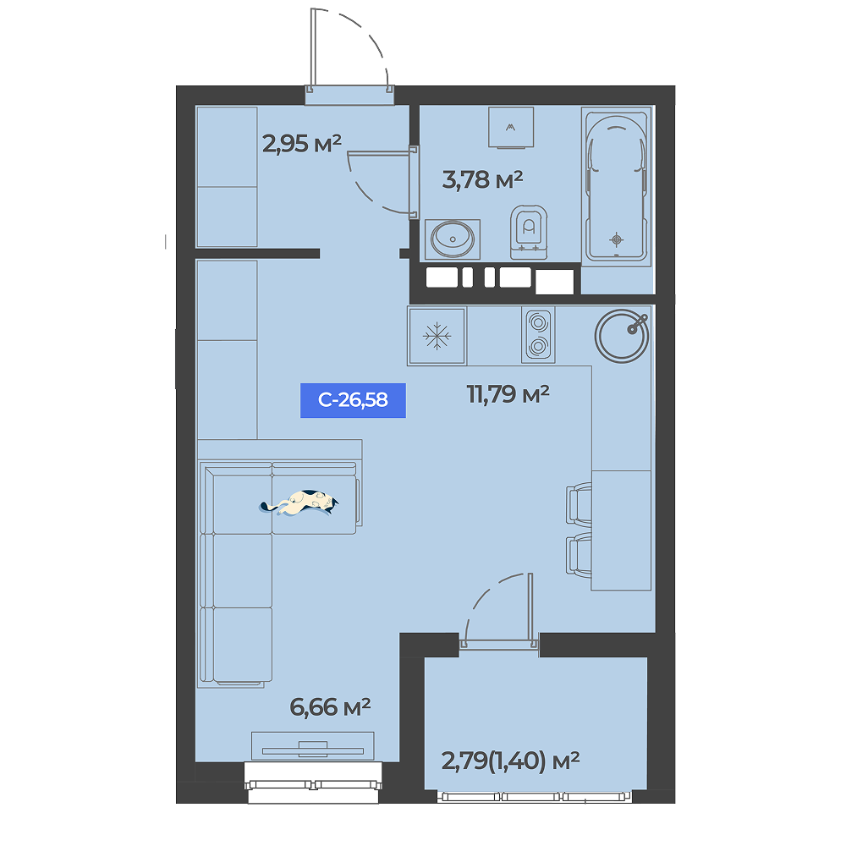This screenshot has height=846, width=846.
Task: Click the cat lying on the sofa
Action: pos(300,503)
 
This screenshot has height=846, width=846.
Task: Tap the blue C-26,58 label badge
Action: pos(353,400)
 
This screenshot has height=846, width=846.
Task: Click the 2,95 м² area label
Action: pos(302,144)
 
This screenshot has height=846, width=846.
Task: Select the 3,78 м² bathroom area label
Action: pos(482,179)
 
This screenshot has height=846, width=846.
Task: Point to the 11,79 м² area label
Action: pos(508,394)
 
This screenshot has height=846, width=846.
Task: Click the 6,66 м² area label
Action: pos(330,706)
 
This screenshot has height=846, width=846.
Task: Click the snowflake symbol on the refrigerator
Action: pos(437,336)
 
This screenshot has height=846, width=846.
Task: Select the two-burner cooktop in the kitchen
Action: pos(538,334)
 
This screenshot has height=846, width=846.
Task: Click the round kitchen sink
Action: pos(622,336)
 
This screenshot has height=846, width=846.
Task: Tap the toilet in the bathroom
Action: pos(529,232)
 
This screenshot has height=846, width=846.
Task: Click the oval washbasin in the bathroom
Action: pos(452,238)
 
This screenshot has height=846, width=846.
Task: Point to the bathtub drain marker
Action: pos(617,239)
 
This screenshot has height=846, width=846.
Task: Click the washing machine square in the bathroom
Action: pos(511,128)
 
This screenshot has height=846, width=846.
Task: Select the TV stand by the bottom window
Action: pos(312,745)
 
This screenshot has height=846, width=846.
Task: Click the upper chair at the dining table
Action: pos(579,504)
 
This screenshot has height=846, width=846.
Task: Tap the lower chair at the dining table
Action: pos(579,555)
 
